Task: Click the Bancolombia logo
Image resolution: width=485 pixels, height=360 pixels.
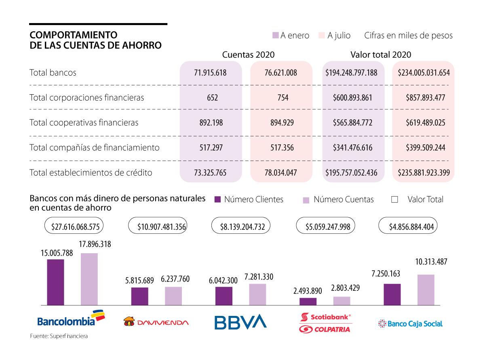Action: point(70,318)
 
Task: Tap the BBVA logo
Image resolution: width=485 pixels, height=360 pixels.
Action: point(240,321)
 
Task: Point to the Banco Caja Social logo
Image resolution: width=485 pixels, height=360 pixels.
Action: point(410,324)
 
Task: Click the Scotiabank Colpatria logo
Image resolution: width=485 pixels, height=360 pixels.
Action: point(325,323)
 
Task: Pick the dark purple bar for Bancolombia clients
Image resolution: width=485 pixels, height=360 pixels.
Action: point(55,282)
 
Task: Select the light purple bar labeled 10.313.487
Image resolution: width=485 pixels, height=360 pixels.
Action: point(426,290)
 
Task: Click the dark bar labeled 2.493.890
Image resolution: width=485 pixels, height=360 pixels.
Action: point(308,301)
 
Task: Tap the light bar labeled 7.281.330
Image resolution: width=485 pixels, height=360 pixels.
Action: point(257,294)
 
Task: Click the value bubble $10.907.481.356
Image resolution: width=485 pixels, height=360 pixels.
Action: point(157,226)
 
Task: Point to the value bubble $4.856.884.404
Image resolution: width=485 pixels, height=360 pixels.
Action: point(408,226)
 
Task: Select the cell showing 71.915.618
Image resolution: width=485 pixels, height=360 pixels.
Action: point(210,73)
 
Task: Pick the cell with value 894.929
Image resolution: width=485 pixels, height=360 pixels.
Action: point(282,123)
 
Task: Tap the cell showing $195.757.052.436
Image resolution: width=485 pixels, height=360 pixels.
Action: point(351,173)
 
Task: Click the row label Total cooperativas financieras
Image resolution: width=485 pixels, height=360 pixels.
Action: point(84,123)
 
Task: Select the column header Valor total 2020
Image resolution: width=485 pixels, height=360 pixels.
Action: point(381,55)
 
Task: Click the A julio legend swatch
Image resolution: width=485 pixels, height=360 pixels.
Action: point(322,36)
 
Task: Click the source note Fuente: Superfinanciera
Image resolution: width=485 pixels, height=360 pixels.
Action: point(59,336)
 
